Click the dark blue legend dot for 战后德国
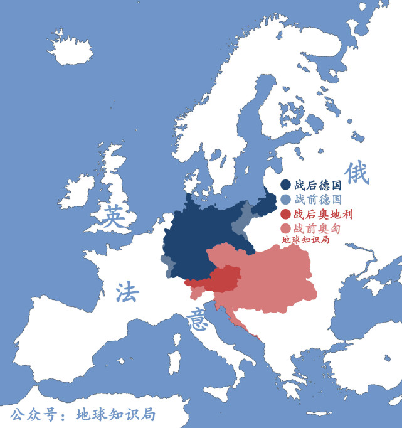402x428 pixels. (285, 185)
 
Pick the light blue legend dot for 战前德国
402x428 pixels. (285, 200)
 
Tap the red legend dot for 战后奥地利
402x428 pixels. (285, 214)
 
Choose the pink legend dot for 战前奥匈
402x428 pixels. (285, 228)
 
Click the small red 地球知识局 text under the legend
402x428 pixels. (305, 239)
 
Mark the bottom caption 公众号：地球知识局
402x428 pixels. (82, 414)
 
